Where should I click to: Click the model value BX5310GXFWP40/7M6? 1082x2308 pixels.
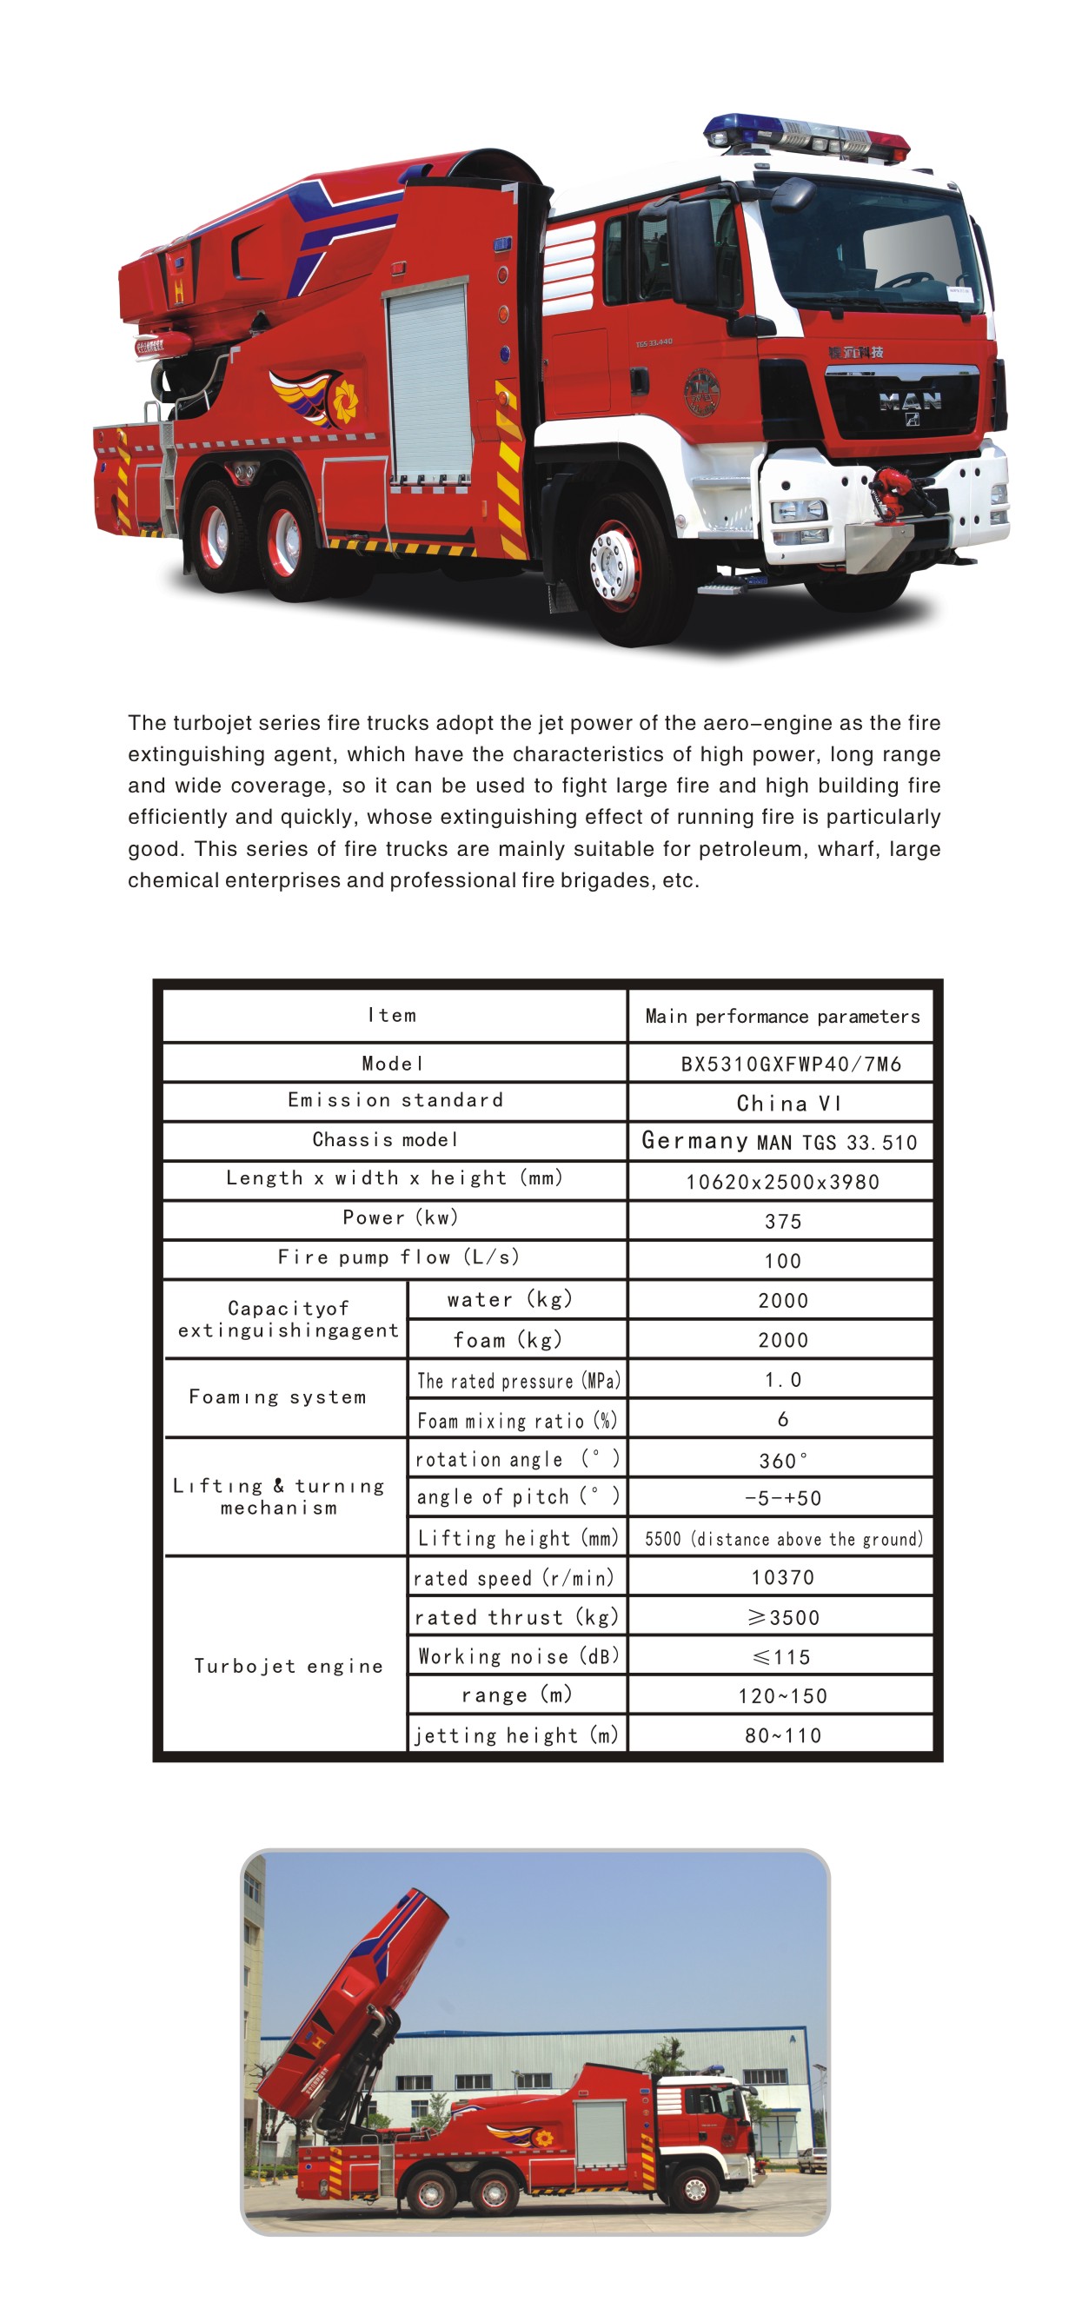[x=790, y=1064]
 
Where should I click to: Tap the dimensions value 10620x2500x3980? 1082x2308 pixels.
[x=782, y=1182]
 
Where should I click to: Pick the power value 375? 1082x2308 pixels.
[x=783, y=1221]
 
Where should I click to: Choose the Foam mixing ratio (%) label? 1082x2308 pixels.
[x=517, y=1421]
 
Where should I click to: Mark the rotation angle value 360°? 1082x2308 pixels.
[x=783, y=1461]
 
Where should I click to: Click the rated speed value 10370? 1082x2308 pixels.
[x=782, y=1577]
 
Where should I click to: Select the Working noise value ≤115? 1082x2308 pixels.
[x=781, y=1656]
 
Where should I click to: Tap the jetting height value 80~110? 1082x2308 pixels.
[x=783, y=1735]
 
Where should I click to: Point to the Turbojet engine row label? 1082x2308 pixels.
[x=289, y=1666]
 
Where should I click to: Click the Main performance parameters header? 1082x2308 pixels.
[x=782, y=1016]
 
